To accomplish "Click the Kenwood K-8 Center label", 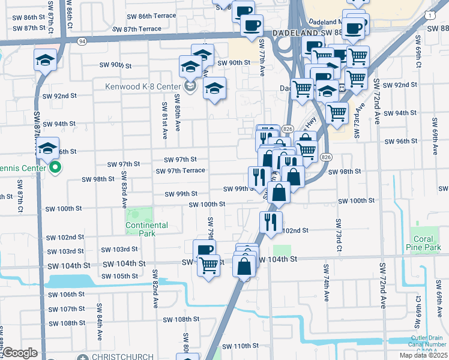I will click(x=142, y=86).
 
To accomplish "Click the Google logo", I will click(x=20, y=353).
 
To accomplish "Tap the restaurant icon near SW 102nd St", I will click(x=271, y=221).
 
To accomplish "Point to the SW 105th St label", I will click(x=120, y=276).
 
